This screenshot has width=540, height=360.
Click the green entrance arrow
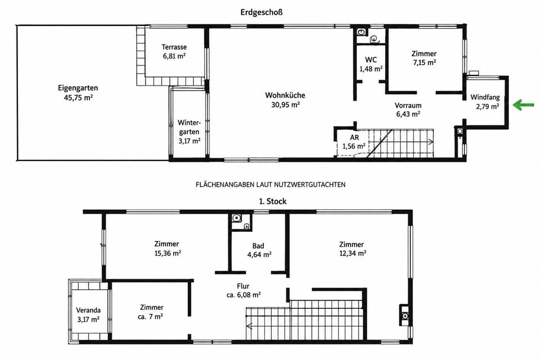[523, 105]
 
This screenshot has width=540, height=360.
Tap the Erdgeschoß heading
[261, 12]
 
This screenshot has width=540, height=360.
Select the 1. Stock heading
[273, 201]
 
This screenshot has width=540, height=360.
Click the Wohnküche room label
[285, 95]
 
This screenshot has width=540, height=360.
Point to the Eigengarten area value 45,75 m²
[78, 98]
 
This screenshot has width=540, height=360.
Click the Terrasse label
[174, 47]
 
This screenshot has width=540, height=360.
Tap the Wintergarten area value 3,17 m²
[189, 141]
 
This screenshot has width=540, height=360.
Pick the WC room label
[371, 59]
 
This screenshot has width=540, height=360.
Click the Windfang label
[485, 97]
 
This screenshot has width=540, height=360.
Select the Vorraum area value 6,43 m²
[408, 114]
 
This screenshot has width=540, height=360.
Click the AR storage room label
[355, 137]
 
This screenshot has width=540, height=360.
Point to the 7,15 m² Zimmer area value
[424, 63]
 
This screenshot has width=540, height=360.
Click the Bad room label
[258, 246]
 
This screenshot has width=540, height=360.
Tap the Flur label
[243, 286]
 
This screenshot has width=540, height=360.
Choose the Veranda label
[88, 310]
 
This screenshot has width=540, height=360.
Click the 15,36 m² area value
[167, 253]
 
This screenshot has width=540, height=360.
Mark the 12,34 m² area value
[353, 253]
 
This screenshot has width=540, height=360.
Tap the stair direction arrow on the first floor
[249, 326]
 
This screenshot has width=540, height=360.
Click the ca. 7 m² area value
[150, 317]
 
